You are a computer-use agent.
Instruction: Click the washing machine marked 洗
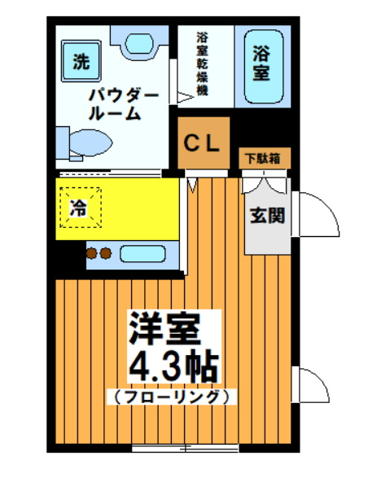(81, 61)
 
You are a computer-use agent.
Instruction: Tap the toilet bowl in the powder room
(91, 142)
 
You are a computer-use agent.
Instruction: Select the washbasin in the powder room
(138, 44)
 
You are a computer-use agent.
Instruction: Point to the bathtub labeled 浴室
(263, 67)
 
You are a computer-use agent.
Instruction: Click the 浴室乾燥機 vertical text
(202, 64)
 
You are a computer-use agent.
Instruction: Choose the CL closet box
(204, 142)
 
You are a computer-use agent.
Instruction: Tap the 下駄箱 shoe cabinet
(265, 159)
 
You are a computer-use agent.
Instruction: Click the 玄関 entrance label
(267, 216)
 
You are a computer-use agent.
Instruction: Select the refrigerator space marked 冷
(81, 208)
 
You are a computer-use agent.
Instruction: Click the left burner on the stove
(91, 253)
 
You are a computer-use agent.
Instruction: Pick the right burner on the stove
(106, 253)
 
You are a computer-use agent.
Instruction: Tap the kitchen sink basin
(142, 253)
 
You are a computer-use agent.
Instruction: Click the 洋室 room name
(165, 328)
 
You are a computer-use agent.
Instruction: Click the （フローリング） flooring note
(171, 397)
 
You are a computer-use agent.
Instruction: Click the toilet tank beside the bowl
(63, 143)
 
